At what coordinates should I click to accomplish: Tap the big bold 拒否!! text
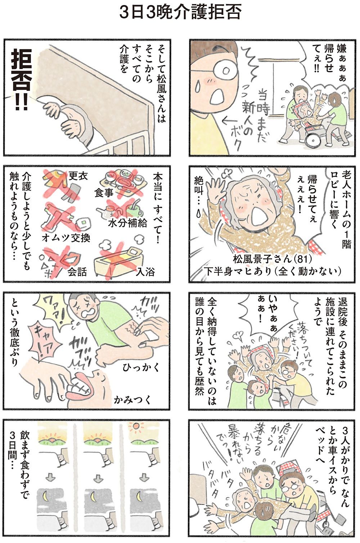21,80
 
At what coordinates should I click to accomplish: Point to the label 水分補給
127,223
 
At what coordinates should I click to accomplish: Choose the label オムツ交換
66,238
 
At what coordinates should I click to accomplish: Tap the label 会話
77,272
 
